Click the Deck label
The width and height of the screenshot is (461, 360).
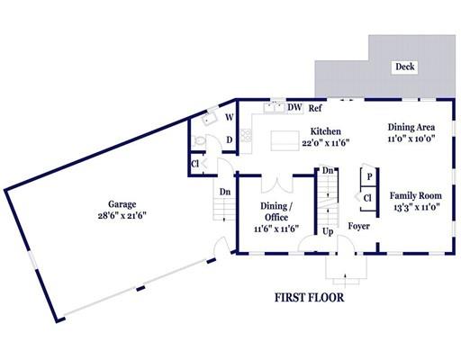(405, 67)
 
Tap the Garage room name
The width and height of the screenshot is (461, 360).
(122, 204)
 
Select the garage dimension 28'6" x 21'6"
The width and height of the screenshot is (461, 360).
(122, 216)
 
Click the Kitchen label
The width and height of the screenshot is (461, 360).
(326, 131)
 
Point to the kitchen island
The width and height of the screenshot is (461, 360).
(285, 140)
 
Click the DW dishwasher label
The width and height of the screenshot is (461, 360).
(294, 107)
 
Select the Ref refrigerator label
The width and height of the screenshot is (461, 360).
(315, 108)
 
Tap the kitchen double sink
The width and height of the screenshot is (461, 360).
(274, 107)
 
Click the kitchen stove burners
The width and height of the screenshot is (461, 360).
(246, 135)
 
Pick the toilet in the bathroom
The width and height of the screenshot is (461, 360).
(199, 140)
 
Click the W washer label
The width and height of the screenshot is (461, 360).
(230, 117)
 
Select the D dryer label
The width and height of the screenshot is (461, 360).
(230, 139)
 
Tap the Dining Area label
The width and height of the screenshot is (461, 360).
(411, 127)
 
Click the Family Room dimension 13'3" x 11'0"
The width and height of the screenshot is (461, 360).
(417, 207)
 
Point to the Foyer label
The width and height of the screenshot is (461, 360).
(358, 226)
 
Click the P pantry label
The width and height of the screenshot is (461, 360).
(369, 176)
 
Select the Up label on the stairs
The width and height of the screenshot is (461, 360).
(328, 231)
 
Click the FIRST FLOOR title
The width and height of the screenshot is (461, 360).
(310, 298)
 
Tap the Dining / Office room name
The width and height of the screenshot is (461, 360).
(276, 211)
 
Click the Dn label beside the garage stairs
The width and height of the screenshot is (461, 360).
(225, 192)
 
